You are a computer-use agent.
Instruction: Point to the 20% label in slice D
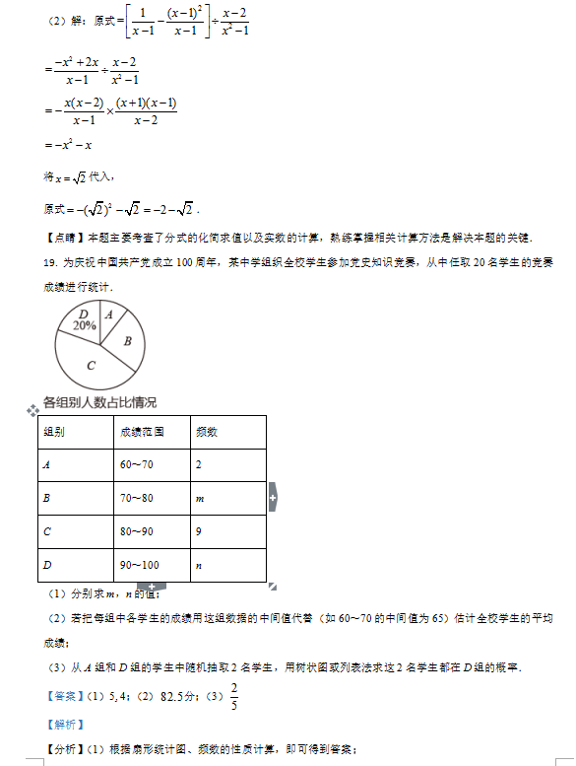[x=84, y=324]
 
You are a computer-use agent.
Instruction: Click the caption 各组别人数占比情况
[x=99, y=402]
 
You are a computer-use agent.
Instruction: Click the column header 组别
[x=54, y=432]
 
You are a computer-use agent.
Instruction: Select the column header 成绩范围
[x=142, y=432]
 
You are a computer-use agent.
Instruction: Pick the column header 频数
[x=207, y=432]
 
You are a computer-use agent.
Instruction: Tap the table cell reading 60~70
[x=137, y=464]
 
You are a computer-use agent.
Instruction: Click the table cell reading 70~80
[x=137, y=498]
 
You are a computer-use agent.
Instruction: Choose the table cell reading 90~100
[x=139, y=565]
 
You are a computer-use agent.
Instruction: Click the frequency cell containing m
[x=200, y=499]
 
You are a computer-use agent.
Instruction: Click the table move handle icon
[x=32, y=408]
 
